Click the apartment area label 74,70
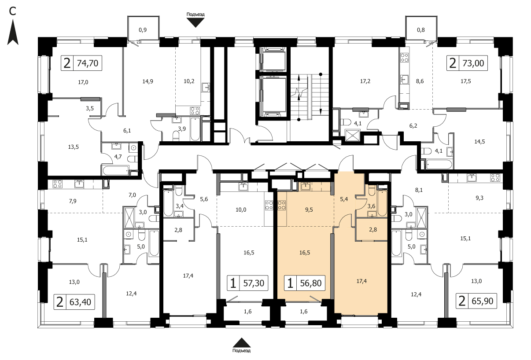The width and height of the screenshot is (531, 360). [x=88, y=63]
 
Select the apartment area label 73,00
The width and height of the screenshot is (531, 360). [x=473, y=63]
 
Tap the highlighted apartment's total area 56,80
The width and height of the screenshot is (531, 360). [x=311, y=283]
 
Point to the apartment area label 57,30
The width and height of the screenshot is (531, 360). [x=254, y=283]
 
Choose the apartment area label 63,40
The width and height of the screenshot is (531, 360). [x=81, y=302]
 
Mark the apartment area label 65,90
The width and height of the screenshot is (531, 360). [x=483, y=301]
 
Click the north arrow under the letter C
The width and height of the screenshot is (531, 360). [x=13, y=32]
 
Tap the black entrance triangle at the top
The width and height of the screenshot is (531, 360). [x=195, y=23]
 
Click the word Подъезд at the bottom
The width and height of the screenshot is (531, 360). [x=241, y=350]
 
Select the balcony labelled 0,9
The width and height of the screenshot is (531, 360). [x=143, y=30]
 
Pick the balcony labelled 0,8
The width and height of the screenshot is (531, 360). [x=421, y=30]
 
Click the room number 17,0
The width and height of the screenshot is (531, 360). [x=83, y=82]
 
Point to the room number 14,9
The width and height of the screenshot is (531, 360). [x=147, y=81]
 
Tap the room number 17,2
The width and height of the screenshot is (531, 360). [x=365, y=81]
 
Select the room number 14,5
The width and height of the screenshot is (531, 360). [x=479, y=142]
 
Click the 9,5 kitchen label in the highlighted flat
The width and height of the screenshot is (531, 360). [x=309, y=210]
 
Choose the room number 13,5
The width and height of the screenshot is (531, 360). [x=73, y=147]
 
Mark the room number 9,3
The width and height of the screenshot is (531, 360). [x=479, y=198]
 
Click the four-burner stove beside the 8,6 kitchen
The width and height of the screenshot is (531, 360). [x=404, y=58]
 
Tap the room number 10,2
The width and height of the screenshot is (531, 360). [x=189, y=81]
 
